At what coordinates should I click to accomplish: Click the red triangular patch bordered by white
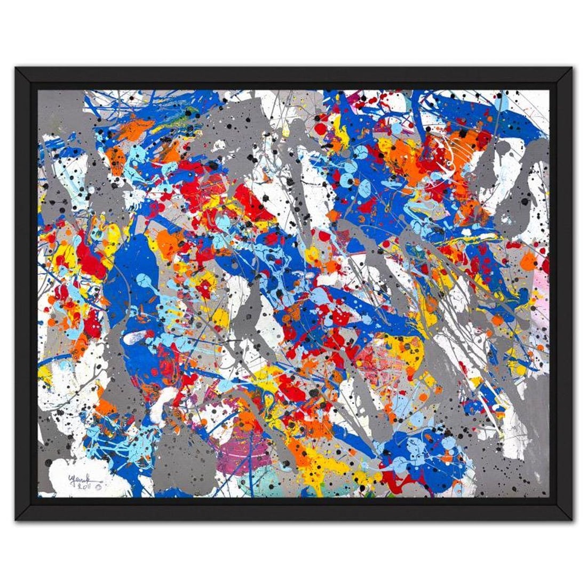click(251, 203)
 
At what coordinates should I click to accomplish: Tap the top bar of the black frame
click(293, 75)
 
